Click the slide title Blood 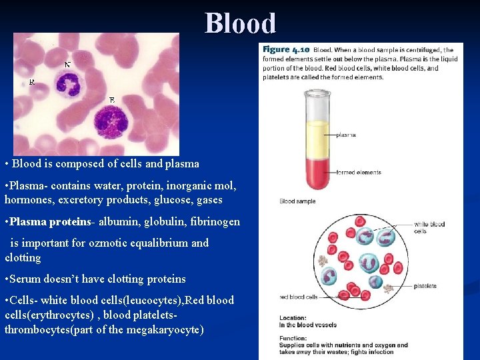[x=240, y=23]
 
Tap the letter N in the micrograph [x=67, y=65]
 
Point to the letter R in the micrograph [x=32, y=81]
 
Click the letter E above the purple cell [x=112, y=100]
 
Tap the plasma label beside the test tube [x=345, y=135]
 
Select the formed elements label [x=359, y=172]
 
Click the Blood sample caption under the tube [x=297, y=201]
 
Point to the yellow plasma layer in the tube [x=317, y=140]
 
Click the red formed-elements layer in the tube [x=317, y=175]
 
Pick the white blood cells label [x=429, y=227]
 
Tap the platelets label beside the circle [x=425, y=286]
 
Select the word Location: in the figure [x=293, y=318]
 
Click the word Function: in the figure [x=293, y=338]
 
